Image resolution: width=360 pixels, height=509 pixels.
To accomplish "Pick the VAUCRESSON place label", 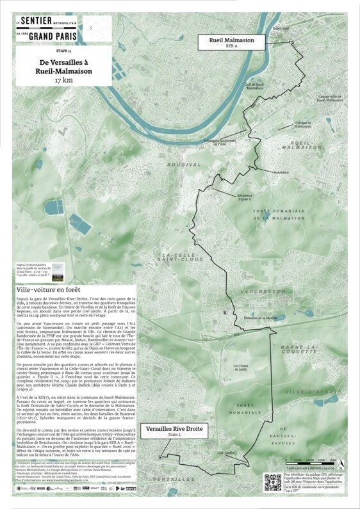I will [264, 290].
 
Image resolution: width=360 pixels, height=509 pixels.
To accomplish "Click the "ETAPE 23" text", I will [64, 49].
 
